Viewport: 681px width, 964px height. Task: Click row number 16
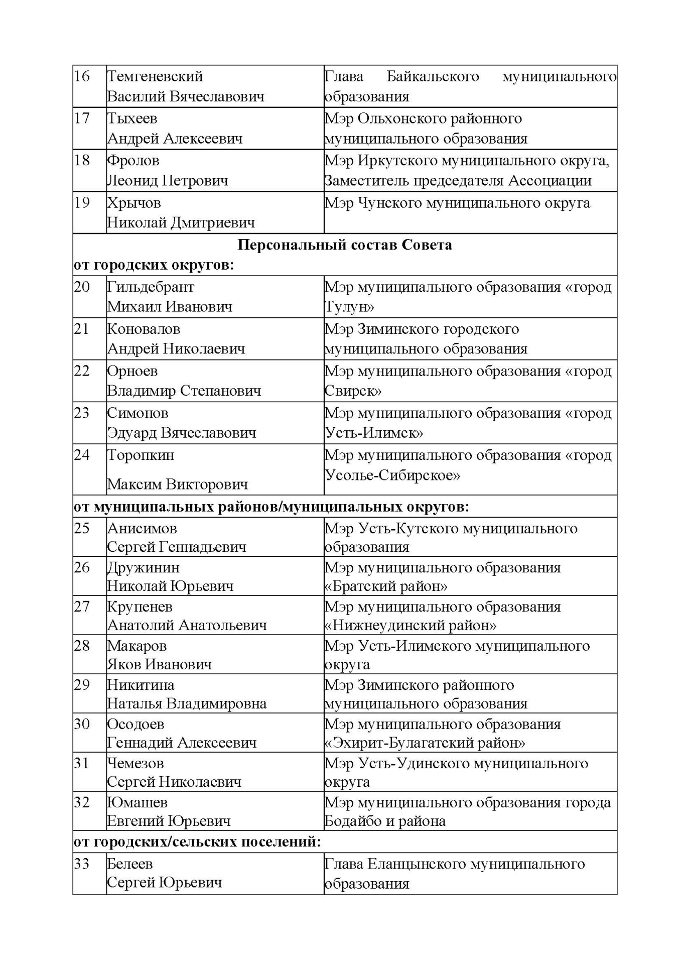click(82, 76)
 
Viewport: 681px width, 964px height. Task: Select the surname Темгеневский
click(155, 76)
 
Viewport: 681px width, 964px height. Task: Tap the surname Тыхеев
click(132, 118)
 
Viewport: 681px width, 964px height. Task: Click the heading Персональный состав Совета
click(344, 245)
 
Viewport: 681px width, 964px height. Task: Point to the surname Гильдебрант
click(151, 287)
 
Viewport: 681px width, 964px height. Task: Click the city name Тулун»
click(349, 307)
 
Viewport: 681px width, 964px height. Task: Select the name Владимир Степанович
click(184, 391)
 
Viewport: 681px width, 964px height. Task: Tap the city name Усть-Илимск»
click(374, 433)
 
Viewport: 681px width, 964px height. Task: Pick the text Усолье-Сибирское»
click(392, 475)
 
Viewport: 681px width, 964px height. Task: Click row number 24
click(82, 455)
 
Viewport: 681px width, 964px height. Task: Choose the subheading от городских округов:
click(154, 265)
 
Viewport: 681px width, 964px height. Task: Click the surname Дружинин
click(143, 567)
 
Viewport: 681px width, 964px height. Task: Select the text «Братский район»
click(386, 586)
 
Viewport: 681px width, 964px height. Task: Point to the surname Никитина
click(141, 685)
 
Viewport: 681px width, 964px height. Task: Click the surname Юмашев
click(137, 802)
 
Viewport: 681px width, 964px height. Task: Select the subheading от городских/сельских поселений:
click(197, 841)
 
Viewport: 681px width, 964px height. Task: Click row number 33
click(82, 864)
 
